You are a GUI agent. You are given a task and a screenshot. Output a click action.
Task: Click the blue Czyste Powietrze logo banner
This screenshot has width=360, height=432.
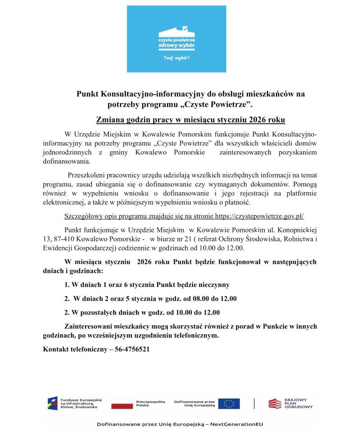pyautogui.click(x=176, y=39)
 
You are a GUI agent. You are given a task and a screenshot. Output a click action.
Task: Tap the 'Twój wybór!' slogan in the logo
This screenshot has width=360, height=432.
pyautogui.click(x=176, y=59)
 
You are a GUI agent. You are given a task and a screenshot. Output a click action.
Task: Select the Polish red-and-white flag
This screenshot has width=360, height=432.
pyautogui.click(x=121, y=403)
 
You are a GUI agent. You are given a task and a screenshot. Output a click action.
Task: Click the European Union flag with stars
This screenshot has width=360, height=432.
pyautogui.click(x=229, y=403)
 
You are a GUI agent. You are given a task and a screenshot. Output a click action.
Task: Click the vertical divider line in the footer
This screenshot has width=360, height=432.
pyautogui.click(x=254, y=403)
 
